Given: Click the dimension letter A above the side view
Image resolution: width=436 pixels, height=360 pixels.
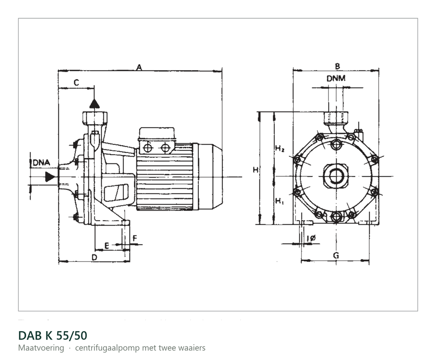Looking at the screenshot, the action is (x=140, y=67).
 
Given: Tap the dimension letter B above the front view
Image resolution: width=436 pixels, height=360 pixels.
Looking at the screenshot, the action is (x=337, y=66).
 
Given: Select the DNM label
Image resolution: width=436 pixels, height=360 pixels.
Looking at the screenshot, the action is (x=336, y=78).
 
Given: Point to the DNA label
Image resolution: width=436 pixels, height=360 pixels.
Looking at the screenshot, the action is (x=41, y=163).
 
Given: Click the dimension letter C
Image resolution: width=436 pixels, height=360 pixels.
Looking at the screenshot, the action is (x=76, y=82).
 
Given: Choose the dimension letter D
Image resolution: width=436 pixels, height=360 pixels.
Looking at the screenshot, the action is (x=95, y=258).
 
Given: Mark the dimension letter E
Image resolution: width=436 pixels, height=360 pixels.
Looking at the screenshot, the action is (x=106, y=246).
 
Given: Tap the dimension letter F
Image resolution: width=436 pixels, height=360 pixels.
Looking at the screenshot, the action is (x=135, y=238).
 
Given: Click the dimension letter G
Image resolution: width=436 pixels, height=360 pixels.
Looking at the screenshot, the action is (x=336, y=255).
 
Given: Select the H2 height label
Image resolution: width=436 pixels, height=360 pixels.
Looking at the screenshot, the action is (x=279, y=148).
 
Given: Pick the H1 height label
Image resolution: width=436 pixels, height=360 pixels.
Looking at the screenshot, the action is (x=279, y=201).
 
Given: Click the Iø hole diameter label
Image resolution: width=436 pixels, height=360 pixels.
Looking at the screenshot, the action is (x=311, y=238).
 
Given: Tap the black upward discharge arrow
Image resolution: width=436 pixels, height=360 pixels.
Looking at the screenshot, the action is (x=95, y=103).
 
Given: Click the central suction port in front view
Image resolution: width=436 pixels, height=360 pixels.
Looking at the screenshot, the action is (x=336, y=176).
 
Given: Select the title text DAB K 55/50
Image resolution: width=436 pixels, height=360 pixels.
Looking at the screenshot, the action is (x=53, y=336).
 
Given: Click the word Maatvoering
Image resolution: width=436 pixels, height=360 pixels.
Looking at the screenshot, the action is (x=41, y=348).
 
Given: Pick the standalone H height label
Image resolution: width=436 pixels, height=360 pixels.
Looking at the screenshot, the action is (x=255, y=170).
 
